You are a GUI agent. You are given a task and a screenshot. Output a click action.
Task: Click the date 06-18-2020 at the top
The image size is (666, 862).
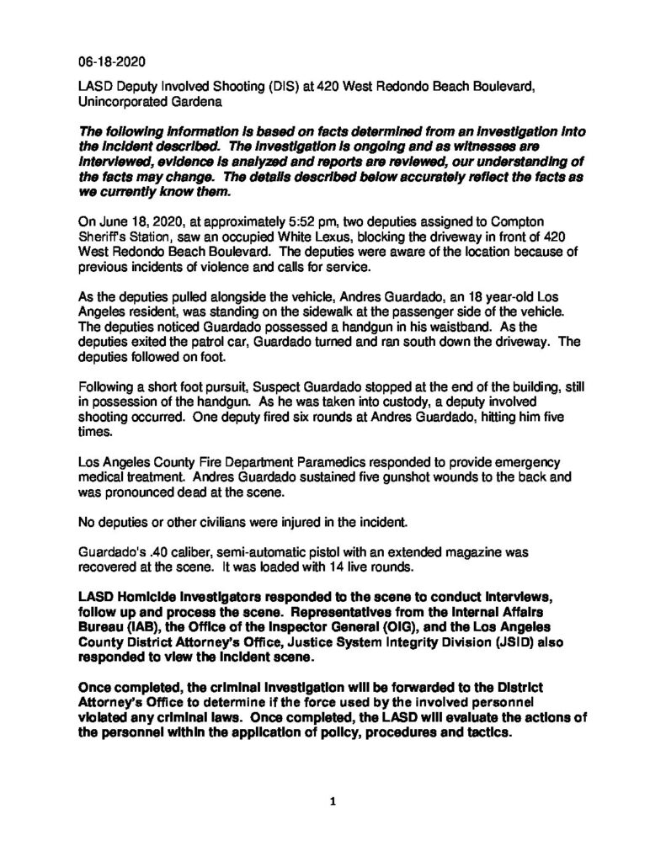(107, 60)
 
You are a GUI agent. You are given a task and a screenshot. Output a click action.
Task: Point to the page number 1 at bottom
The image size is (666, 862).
(333, 802)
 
